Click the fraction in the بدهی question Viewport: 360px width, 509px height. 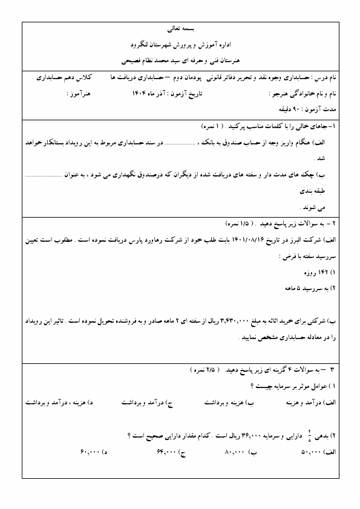309,435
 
